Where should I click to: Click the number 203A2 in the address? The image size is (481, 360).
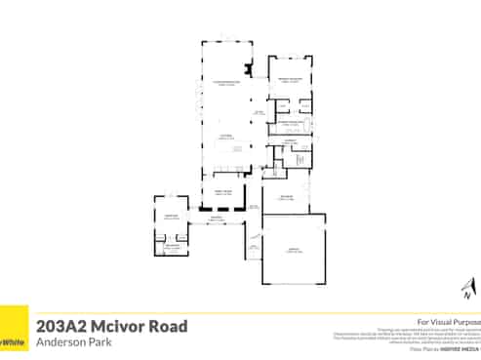(x=64, y=326)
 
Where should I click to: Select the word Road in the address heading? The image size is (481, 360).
(x=171, y=326)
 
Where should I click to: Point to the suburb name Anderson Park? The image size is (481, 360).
(x=70, y=342)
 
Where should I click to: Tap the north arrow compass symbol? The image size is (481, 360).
(x=467, y=288)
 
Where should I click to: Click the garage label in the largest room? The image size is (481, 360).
(x=293, y=251)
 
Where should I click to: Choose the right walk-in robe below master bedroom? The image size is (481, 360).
(x=304, y=104)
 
